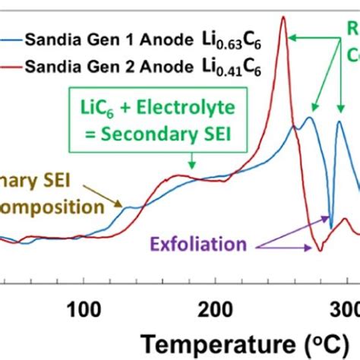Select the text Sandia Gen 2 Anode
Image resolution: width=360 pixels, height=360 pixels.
(x=106, y=68)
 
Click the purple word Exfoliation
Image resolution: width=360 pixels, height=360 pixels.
(x=197, y=245)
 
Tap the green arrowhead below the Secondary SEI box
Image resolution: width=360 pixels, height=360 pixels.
(x=192, y=166)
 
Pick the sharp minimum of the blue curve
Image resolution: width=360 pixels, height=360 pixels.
(x=331, y=227)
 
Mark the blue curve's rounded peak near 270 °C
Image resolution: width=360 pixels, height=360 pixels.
(x=309, y=118)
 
